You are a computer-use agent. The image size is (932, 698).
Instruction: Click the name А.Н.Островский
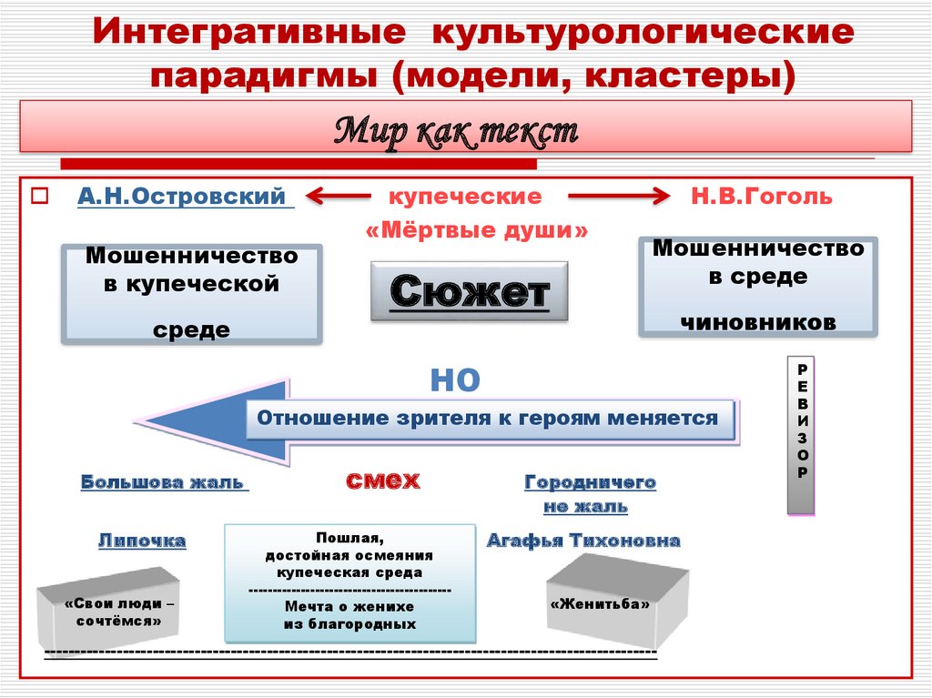185,197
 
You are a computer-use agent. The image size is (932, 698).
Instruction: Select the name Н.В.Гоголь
762,197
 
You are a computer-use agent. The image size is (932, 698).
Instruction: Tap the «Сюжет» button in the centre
469,291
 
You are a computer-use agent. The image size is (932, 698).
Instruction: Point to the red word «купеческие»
466,197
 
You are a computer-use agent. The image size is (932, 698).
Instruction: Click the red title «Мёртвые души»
477,231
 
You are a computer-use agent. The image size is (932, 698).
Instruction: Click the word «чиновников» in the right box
758,321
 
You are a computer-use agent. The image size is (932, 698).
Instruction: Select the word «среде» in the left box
191,329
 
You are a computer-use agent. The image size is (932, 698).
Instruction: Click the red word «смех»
382,480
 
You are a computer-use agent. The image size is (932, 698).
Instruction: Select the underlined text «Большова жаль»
165,481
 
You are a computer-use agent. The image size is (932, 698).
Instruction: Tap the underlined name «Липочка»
142,541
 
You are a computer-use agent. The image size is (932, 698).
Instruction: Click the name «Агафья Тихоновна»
583,541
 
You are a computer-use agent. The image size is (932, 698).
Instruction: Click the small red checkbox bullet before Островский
39,197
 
